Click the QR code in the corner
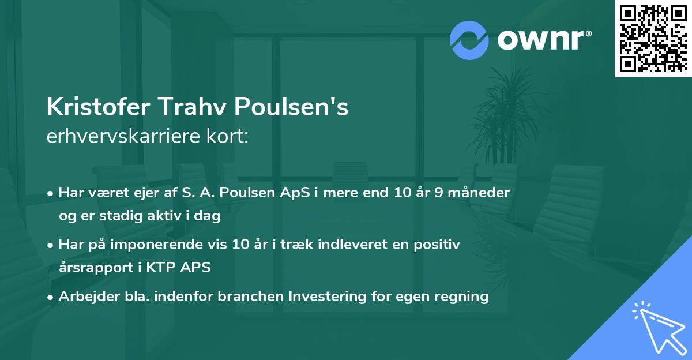click(x=653, y=38)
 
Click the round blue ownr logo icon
click(x=470, y=40)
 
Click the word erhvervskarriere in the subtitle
click(x=120, y=137)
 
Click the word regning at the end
click(x=462, y=297)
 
